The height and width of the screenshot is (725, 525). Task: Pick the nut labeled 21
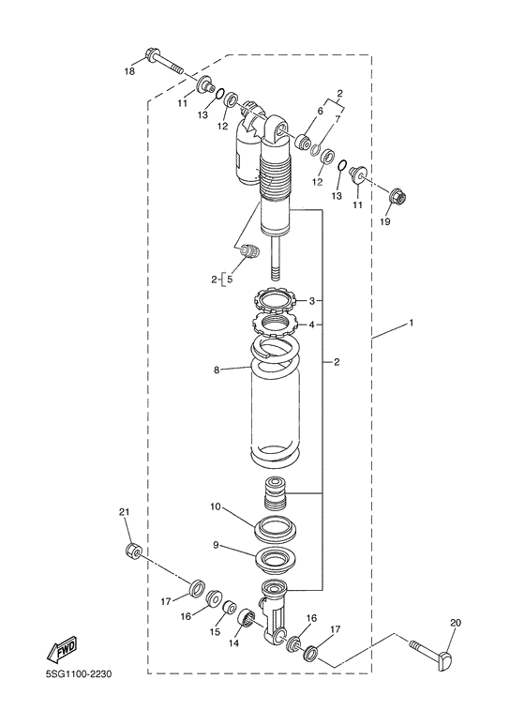[133, 551]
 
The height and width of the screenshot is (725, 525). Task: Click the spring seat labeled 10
[277, 527]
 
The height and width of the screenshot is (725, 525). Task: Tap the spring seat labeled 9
[277, 564]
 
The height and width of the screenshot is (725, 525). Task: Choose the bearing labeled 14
[249, 618]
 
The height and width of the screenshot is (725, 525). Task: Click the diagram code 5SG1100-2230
[82, 700]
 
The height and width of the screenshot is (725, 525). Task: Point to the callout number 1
[410, 323]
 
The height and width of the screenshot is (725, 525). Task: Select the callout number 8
[217, 370]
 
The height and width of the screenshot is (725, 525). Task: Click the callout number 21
[124, 511]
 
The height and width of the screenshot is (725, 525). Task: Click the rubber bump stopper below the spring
[275, 491]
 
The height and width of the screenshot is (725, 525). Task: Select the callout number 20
[456, 622]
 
